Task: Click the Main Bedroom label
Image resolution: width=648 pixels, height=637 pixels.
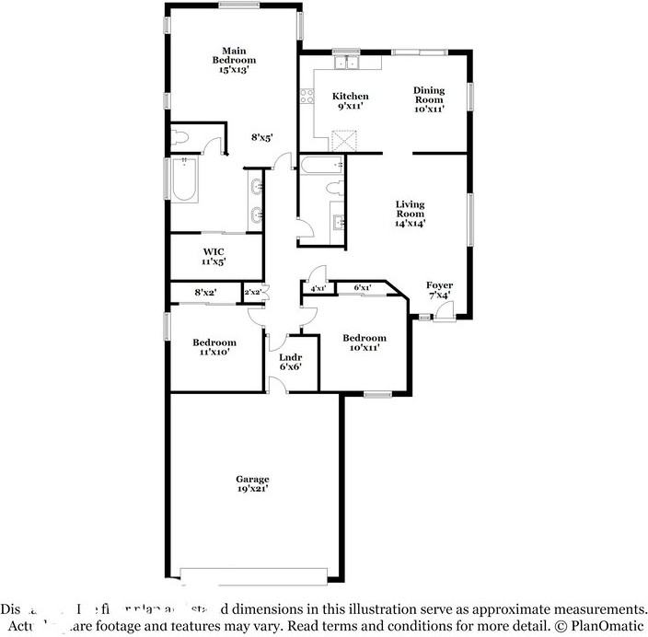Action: coord(232,60)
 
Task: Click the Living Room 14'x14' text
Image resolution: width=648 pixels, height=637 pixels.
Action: coord(410,213)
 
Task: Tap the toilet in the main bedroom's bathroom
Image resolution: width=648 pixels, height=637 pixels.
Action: coord(180,138)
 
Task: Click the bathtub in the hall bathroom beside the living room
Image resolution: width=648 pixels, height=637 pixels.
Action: coord(321,166)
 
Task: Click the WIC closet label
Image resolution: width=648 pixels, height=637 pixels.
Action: coord(213,255)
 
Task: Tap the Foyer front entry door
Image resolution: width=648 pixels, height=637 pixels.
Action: coord(443,311)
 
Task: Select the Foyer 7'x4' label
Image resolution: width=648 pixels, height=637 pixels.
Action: coord(438,290)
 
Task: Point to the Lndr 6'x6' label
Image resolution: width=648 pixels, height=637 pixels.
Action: coord(291,361)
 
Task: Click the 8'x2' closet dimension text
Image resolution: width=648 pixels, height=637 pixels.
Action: coord(205,293)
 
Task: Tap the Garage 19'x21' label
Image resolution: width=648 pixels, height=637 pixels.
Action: coord(251,484)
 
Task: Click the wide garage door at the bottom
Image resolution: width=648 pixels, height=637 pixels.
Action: coord(255,575)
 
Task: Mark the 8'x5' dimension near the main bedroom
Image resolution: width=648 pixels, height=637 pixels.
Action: coord(262,138)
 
